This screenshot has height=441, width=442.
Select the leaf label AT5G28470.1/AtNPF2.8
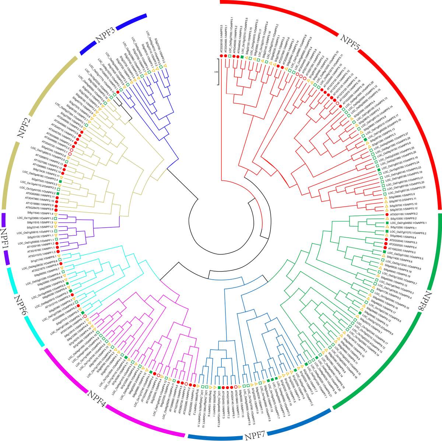coord(38,209)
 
